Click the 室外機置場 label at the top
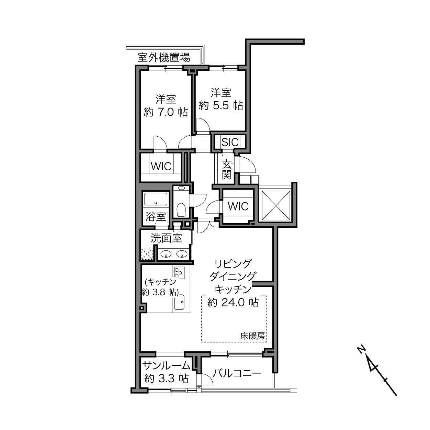point(164,58)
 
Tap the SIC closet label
point(230,142)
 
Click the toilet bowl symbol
point(181,210)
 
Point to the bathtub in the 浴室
point(156,199)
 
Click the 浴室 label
point(156,216)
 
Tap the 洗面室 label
point(166,238)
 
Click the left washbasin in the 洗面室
point(166,254)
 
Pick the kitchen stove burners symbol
point(178,273)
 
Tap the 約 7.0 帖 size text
point(166,112)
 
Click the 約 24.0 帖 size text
point(233,303)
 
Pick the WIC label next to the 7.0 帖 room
point(161,166)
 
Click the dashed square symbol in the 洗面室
point(147,254)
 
